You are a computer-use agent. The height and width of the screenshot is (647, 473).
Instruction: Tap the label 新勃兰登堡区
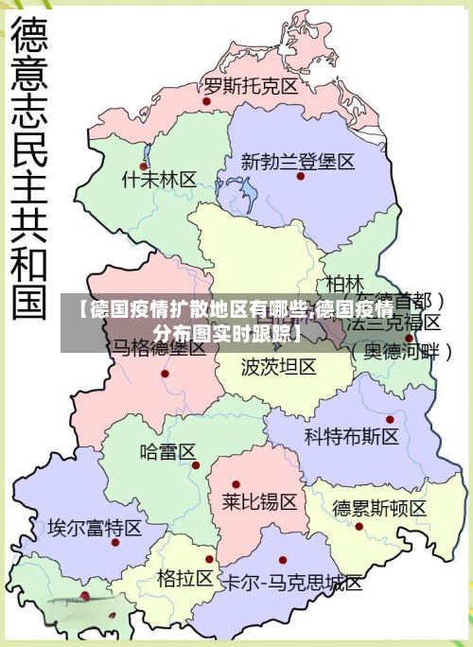298,161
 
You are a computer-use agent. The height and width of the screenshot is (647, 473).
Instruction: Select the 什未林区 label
160,179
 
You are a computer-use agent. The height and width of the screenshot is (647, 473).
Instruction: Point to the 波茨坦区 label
278,366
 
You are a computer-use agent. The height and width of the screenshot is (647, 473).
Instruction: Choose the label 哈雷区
167,451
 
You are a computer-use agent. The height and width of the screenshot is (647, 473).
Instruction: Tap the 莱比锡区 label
259,500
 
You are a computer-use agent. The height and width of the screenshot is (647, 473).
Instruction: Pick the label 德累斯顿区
379,508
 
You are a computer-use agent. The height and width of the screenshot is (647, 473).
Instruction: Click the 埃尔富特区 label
95,527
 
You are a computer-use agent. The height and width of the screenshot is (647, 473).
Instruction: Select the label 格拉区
185,577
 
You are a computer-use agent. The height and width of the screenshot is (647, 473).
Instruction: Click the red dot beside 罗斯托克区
206,99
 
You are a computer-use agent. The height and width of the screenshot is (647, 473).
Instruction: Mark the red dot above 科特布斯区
390,419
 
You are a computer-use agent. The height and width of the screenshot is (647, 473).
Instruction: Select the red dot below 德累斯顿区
359,526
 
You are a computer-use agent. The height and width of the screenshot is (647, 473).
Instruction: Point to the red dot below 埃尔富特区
113,542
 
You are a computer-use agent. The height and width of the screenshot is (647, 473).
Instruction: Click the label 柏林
344,283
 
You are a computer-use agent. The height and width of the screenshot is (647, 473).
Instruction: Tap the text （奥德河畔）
402,350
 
